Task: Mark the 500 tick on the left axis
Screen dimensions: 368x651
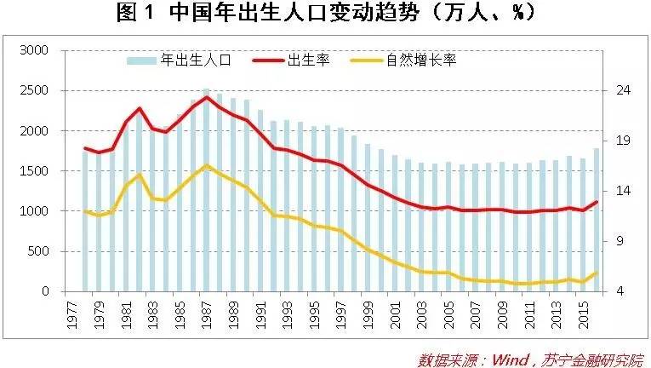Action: [40, 251]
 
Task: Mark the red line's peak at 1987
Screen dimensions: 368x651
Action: [206, 97]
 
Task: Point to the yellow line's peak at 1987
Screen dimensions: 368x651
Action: [206, 165]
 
